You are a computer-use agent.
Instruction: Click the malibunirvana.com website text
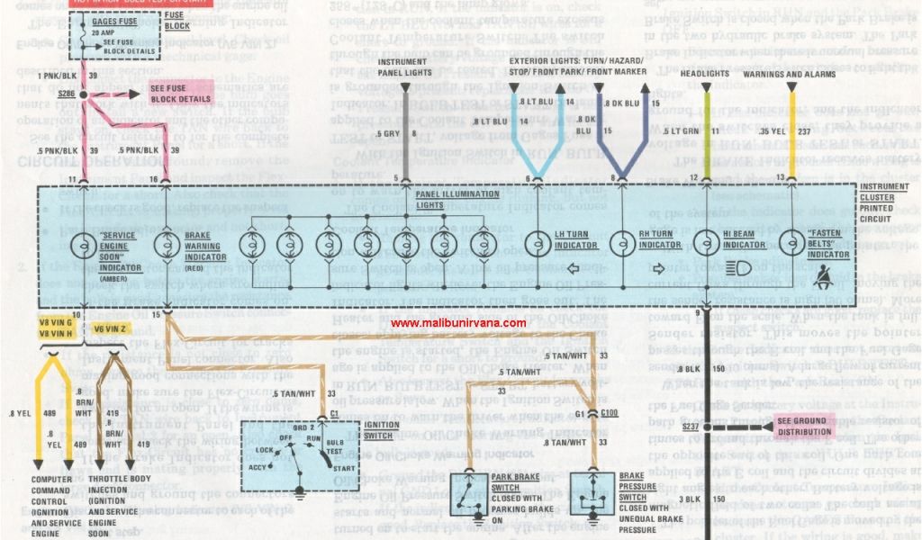coord(458,323)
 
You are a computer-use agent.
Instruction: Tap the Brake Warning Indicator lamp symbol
coord(166,244)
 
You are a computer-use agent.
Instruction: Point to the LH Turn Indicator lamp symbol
coord(538,244)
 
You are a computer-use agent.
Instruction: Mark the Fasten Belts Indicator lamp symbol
coord(792,244)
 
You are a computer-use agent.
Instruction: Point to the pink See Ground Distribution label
coord(805,427)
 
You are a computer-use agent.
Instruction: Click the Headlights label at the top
coord(705,74)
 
